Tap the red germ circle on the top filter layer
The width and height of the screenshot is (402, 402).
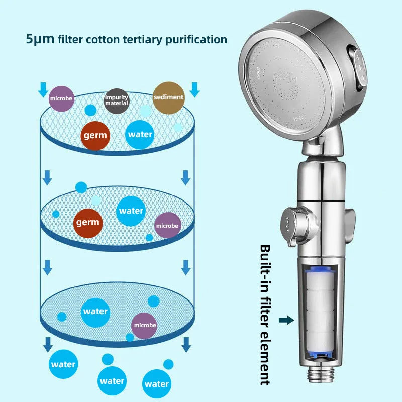coord(95,135)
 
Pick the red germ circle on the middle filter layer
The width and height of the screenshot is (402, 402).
coord(87,222)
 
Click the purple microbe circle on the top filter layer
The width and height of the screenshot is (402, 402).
coord(61,98)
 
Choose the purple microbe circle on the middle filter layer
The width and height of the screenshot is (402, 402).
coord(167,226)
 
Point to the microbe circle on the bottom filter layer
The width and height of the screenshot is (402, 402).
coord(144,325)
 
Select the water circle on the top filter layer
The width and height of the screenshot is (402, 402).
coord(140,134)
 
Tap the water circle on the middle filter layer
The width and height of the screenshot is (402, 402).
coord(131,211)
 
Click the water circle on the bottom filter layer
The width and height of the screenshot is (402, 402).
coord(95,311)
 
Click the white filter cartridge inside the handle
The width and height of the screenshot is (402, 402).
coord(321,312)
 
